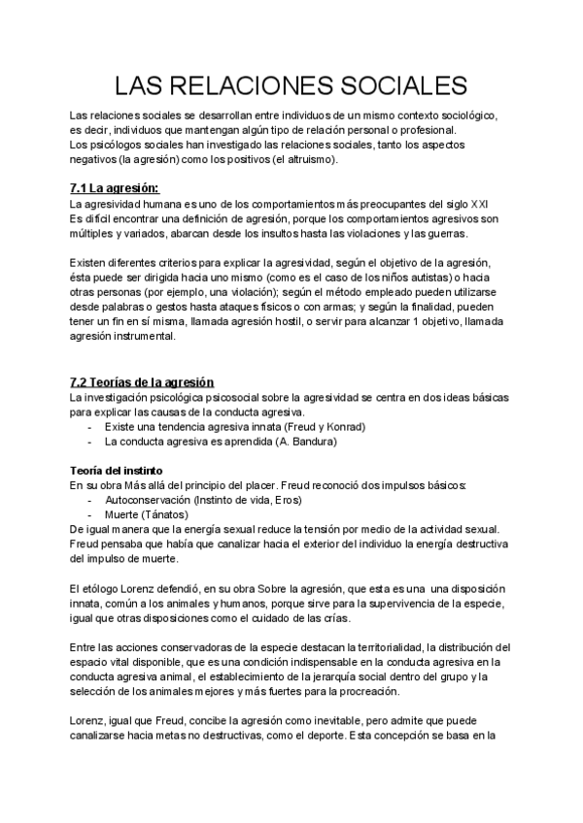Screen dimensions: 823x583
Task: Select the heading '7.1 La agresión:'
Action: pos(115,187)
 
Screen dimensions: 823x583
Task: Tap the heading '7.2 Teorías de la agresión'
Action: pos(142,382)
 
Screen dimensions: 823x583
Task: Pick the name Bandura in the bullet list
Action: pos(310,442)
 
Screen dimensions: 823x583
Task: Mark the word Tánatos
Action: pos(170,514)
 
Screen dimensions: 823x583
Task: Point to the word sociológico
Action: pos(463,115)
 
